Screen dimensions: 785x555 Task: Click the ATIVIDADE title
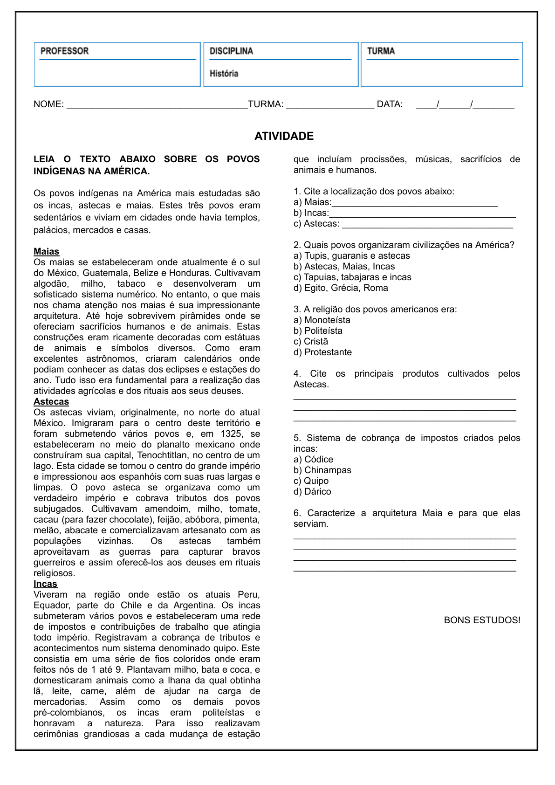[x=284, y=136]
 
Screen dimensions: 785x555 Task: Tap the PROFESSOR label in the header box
[x=64, y=51]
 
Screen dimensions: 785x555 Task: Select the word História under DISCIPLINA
[x=224, y=74]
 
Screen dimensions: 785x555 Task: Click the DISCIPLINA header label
[x=231, y=51]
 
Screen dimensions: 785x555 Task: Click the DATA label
[x=390, y=104]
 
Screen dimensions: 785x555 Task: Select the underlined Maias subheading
[x=46, y=252]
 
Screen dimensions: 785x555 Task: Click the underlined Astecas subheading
[x=51, y=402]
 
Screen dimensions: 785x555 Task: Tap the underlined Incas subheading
[x=45, y=584]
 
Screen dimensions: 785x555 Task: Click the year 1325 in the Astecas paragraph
[x=231, y=434]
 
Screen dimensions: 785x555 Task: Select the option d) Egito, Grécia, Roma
[x=341, y=288]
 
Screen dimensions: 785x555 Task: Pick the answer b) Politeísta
[x=318, y=331]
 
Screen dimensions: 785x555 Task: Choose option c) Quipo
[x=311, y=481]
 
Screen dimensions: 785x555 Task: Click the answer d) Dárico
[x=312, y=492]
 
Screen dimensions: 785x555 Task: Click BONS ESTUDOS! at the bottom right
[x=482, y=620]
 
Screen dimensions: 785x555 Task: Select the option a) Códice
[x=313, y=460]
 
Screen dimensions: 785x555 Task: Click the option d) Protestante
[x=322, y=352]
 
